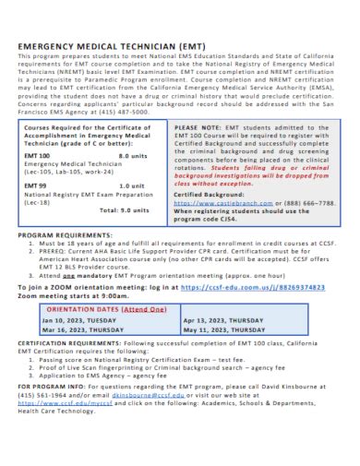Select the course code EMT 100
point(38,157)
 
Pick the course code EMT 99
point(35,185)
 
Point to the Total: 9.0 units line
point(121,209)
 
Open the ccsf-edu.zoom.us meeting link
point(253,287)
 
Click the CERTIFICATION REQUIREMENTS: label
point(69,343)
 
